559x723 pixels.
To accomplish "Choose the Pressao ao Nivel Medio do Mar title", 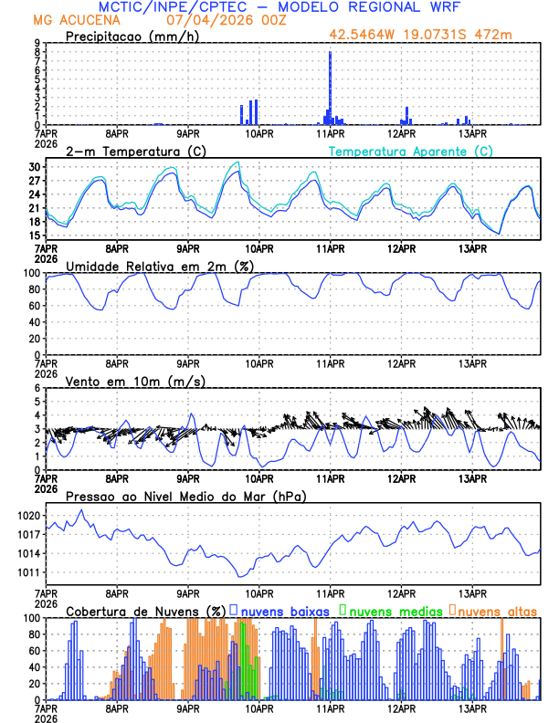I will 185,496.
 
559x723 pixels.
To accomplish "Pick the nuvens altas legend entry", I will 497,611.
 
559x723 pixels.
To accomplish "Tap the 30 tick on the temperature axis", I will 35,167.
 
